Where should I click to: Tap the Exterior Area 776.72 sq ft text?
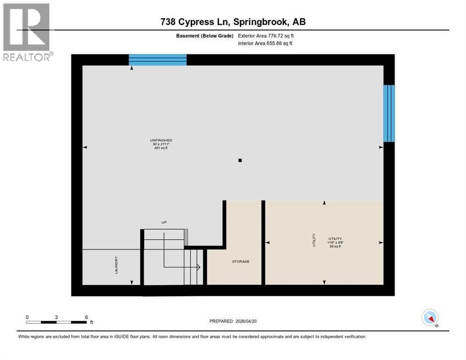266,36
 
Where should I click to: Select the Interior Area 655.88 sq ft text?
266,44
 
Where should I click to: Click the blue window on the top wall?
158,60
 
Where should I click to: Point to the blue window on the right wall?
389,113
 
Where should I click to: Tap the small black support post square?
240,160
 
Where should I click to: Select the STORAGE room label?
241,262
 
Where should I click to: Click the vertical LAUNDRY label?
116,265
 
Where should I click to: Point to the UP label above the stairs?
164,222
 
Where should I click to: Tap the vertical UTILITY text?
314,240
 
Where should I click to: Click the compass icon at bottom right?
430,317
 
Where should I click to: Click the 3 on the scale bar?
56,317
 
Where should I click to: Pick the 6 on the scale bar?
86,317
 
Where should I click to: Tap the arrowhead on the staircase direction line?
199,268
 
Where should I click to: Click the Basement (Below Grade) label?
206,36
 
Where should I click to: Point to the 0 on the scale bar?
27,317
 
